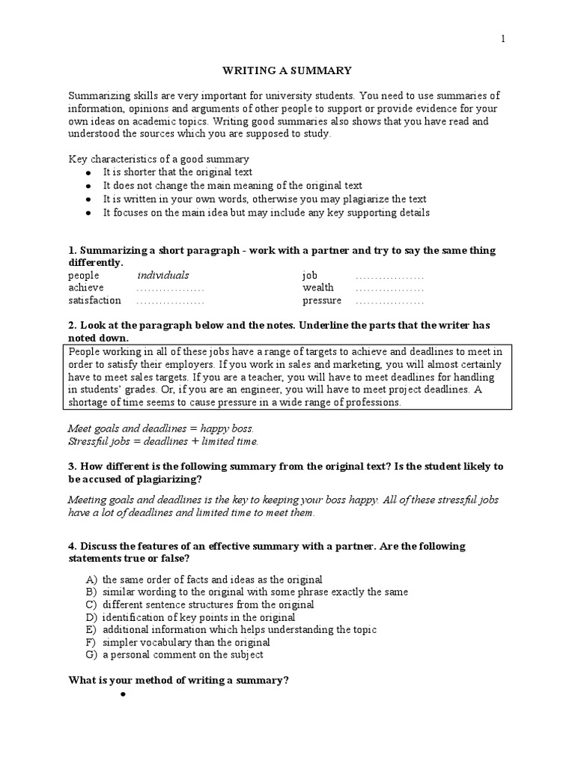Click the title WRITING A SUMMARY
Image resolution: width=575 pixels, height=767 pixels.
[287, 70]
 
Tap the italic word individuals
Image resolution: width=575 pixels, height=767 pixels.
[163, 275]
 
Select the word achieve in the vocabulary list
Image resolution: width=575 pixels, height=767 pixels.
[86, 288]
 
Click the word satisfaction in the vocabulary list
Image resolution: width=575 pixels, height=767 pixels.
[94, 300]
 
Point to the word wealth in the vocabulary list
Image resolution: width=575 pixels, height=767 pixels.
[318, 288]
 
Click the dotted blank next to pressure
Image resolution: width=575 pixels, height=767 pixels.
[389, 301]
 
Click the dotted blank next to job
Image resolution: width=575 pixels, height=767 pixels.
[389, 276]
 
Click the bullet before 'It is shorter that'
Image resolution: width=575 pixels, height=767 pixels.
[88, 172]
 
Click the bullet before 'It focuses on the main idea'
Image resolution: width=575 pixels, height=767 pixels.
[88, 213]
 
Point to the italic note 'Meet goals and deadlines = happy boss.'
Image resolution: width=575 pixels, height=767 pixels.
[161, 428]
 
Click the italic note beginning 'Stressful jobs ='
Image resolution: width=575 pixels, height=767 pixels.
[162, 441]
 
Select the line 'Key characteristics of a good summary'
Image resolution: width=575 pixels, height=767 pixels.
[159, 160]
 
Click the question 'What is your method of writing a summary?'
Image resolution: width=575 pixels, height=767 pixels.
[179, 680]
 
